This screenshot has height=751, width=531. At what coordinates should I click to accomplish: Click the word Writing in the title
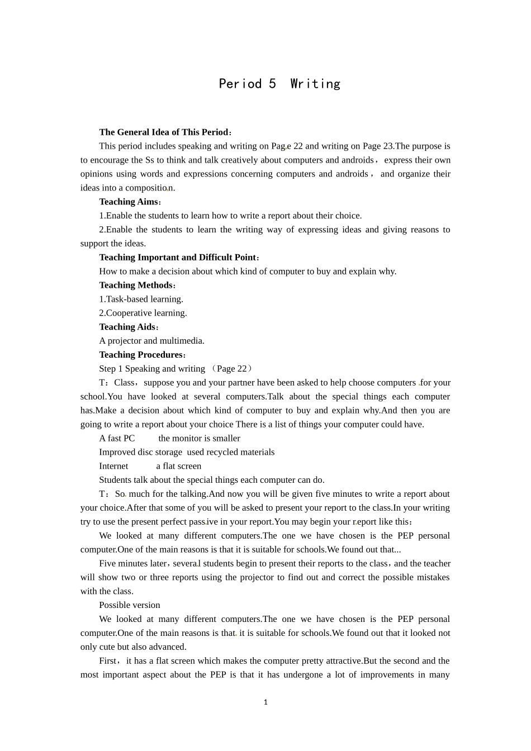pyautogui.click(x=315, y=84)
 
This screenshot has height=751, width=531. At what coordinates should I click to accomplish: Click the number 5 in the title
pyautogui.click(x=272, y=84)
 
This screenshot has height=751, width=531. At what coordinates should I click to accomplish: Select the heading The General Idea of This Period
pyautogui.click(x=164, y=132)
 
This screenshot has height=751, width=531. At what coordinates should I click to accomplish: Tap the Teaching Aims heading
pyautogui.click(x=129, y=202)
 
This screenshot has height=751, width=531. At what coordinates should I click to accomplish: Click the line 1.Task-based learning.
pyautogui.click(x=141, y=300)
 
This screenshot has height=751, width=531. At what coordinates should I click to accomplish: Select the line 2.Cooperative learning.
pyautogui.click(x=143, y=313)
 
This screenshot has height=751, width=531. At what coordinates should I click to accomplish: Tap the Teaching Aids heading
pyautogui.click(x=127, y=327)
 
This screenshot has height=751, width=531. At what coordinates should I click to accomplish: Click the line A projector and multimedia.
pyautogui.click(x=151, y=341)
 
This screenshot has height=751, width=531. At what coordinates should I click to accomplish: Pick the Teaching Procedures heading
pyautogui.click(x=141, y=355)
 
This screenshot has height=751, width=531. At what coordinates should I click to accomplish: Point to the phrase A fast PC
pyautogui.click(x=117, y=439)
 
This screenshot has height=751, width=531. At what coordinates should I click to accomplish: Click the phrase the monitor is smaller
pyautogui.click(x=199, y=439)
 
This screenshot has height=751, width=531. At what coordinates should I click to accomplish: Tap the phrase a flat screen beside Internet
pyautogui.click(x=178, y=466)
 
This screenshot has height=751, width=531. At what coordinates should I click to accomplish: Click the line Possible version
pyautogui.click(x=129, y=605)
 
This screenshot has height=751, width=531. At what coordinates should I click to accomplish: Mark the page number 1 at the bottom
pyautogui.click(x=265, y=702)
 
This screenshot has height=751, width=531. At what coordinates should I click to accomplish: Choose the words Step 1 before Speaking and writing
pyautogui.click(x=111, y=369)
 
